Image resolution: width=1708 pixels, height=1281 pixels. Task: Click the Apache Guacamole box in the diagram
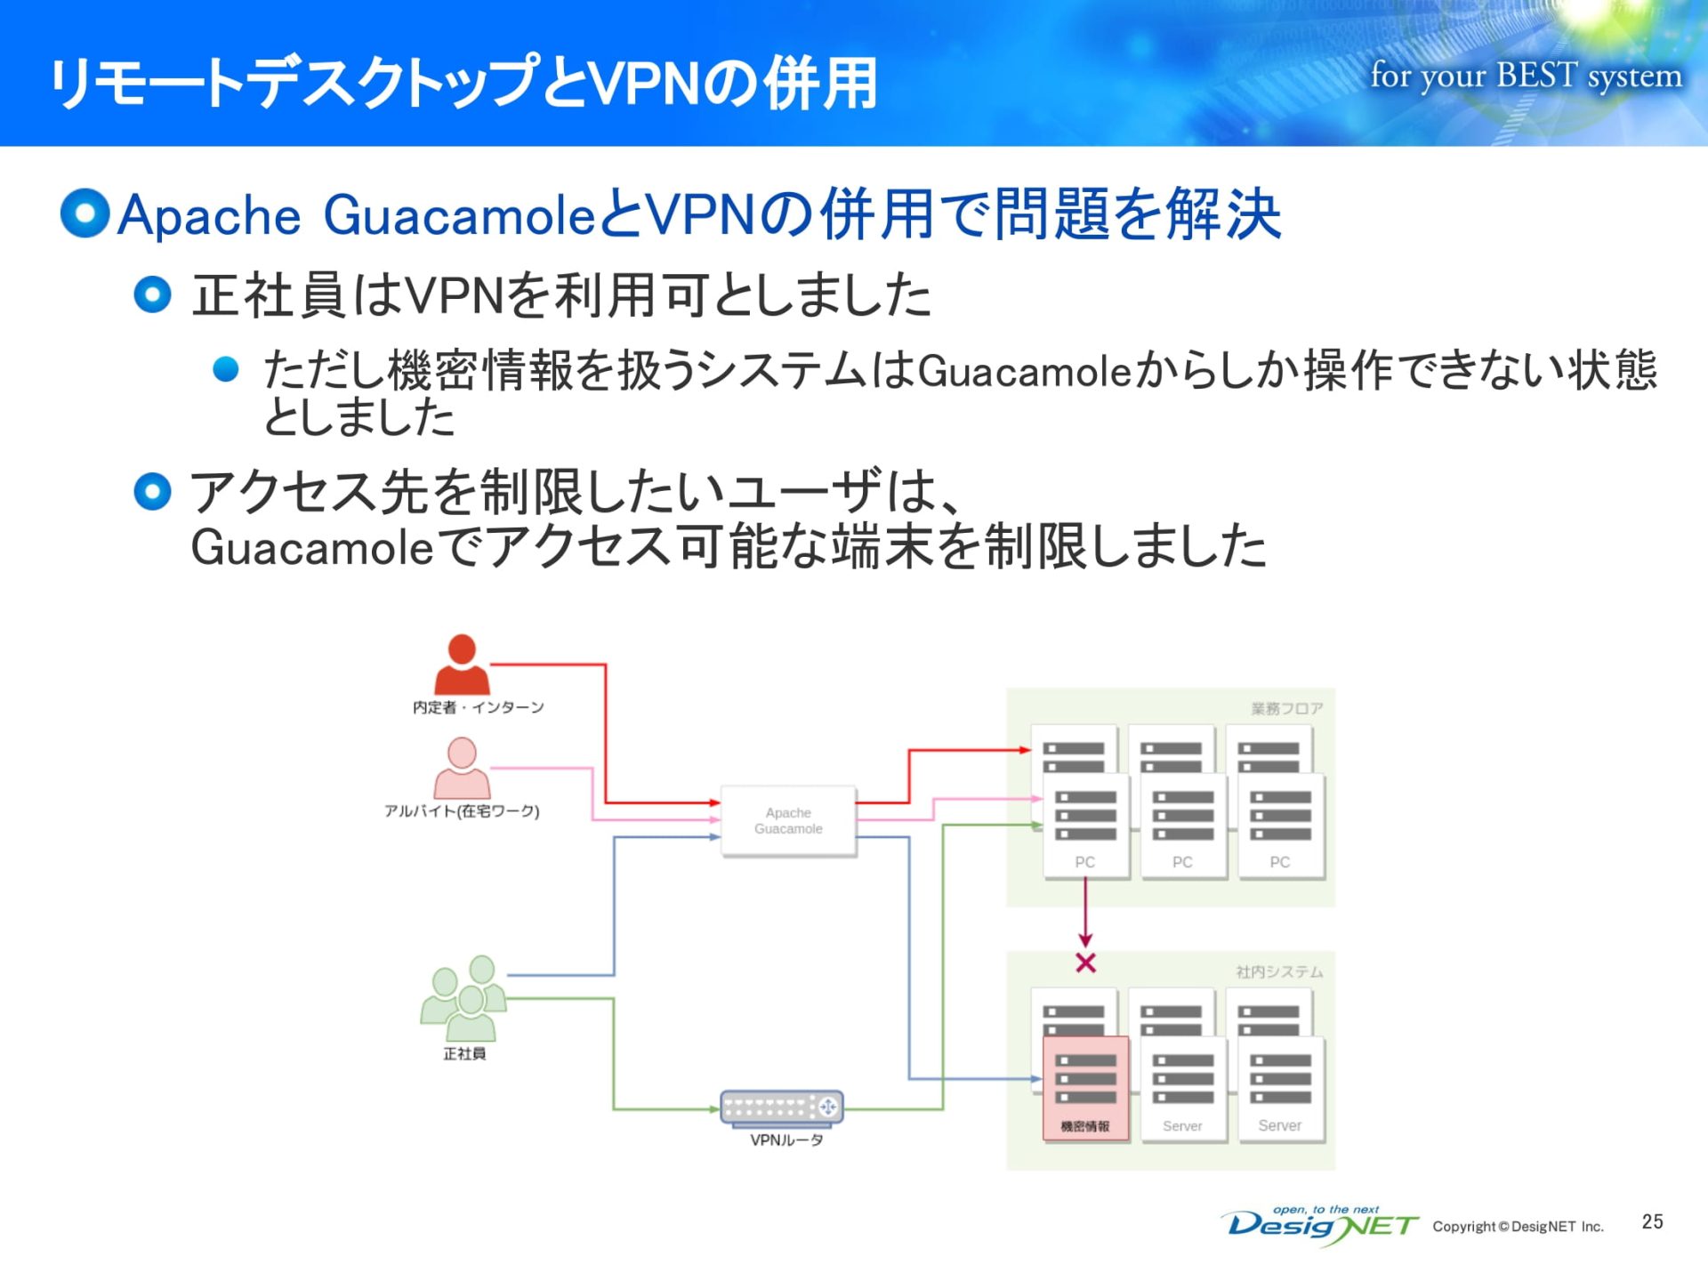[x=788, y=820]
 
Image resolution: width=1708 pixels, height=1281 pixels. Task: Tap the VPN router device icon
[x=782, y=1108]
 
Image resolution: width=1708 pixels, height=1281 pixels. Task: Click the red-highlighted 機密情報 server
[x=1085, y=1087]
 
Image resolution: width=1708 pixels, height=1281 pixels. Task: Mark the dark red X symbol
[x=1085, y=963]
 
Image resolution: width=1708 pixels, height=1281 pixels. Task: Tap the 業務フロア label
[x=1286, y=708]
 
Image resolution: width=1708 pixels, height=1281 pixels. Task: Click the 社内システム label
[x=1279, y=971]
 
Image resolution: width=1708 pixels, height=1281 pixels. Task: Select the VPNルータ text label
[x=786, y=1140]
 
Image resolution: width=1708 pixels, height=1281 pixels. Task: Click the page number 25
[x=1652, y=1221]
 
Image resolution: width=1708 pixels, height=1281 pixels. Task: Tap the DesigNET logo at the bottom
[x=1322, y=1226]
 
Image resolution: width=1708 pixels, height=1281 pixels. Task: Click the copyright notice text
[x=1518, y=1227]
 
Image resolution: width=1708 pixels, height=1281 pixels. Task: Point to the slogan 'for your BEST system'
[x=1526, y=76]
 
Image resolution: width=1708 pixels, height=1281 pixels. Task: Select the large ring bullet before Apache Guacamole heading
[x=85, y=213]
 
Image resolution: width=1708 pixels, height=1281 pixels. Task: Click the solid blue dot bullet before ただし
[x=226, y=369]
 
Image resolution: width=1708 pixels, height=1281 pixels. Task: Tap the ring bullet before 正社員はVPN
[x=152, y=294]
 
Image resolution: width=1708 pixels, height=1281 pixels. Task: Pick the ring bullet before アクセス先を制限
[x=152, y=492]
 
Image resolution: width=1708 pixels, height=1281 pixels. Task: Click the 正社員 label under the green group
[x=464, y=1054]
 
